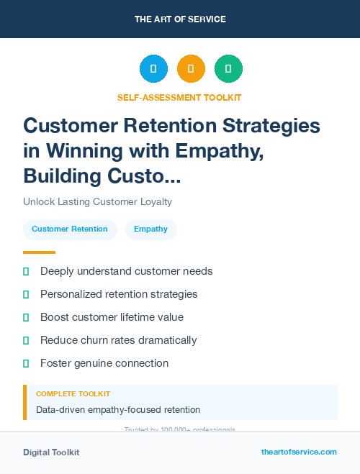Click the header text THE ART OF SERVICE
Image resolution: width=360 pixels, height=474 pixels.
point(180,19)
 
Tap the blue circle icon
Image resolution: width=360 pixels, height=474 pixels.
point(153,69)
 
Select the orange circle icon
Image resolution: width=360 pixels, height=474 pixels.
point(191,69)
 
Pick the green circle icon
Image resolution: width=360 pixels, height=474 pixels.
point(228,69)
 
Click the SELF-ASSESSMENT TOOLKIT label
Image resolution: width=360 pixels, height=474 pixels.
point(179,97)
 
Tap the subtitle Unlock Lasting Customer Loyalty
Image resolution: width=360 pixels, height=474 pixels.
point(97,201)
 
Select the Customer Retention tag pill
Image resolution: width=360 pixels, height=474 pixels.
point(70,229)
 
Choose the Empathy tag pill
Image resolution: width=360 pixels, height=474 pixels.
point(150,229)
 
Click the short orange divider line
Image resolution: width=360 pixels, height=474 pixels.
point(39,252)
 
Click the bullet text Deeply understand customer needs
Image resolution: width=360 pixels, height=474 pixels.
point(126,271)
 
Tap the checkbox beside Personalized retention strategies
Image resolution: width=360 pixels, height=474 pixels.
point(27,294)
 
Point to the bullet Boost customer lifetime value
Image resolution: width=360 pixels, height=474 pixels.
point(112,317)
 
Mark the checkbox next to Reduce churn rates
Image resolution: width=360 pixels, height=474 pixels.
point(27,340)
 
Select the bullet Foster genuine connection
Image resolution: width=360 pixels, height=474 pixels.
point(104,363)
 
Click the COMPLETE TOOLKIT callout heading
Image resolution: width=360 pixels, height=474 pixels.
point(73,394)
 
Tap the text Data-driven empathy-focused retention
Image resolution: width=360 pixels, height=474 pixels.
point(118,410)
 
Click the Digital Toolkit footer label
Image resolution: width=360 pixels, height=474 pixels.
point(51,452)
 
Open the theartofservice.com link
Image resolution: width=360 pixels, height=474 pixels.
point(299,452)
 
